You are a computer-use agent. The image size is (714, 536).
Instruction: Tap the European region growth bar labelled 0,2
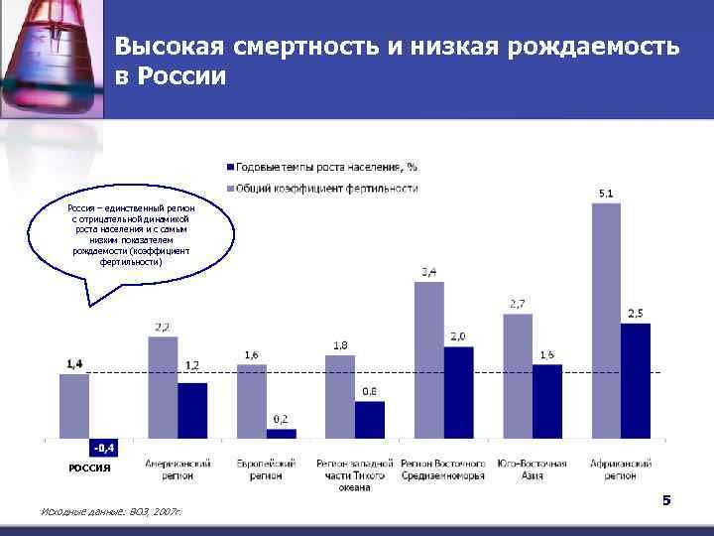coord(282,433)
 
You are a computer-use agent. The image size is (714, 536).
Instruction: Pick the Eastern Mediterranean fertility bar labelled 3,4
coord(428,359)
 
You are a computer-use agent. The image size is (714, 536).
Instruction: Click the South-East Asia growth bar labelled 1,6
coord(547,401)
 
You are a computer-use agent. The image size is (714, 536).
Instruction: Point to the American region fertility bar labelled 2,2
coord(163,387)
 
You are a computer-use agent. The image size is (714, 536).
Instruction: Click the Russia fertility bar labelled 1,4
coord(74,405)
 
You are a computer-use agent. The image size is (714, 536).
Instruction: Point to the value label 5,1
coord(605,193)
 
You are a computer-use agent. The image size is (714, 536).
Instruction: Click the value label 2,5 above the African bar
coord(636,314)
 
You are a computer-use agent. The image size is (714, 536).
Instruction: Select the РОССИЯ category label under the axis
coord(89,468)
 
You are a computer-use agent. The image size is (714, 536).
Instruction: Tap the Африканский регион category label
coord(620,469)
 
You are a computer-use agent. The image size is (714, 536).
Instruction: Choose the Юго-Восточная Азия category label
coord(532,469)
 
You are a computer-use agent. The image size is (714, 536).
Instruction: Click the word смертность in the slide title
coord(294,47)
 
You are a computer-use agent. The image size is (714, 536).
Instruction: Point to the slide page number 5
coord(666,500)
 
